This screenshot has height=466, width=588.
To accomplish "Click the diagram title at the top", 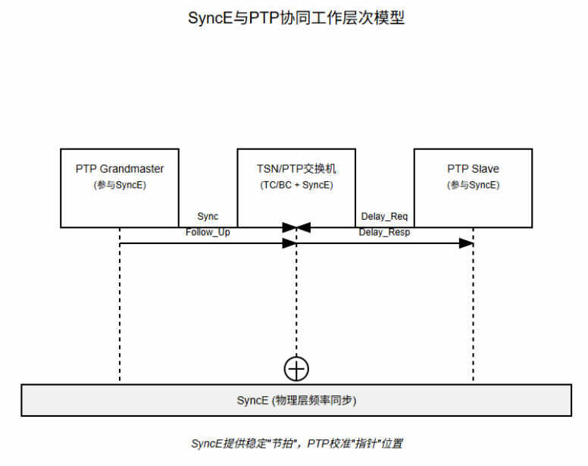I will pyautogui.click(x=296, y=18).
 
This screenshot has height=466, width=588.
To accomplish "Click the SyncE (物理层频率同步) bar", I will pyautogui.click(x=296, y=400).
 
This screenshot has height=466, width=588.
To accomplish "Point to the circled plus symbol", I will pyautogui.click(x=296, y=368).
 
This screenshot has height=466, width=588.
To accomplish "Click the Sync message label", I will pyautogui.click(x=207, y=217).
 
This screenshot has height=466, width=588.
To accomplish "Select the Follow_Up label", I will pyautogui.click(x=208, y=232).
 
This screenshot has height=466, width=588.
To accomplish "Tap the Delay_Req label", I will pyautogui.click(x=384, y=217).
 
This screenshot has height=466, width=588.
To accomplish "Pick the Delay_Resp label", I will pyautogui.click(x=384, y=232).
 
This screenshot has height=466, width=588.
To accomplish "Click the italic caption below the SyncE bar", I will pyautogui.click(x=296, y=443).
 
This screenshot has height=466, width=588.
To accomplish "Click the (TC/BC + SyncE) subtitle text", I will pyautogui.click(x=296, y=185).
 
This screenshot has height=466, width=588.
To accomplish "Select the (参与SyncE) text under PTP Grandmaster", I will pyautogui.click(x=120, y=185).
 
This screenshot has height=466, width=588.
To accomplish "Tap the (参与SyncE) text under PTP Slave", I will pyautogui.click(x=473, y=185).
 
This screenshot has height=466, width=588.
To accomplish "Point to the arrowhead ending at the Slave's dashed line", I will pyautogui.click(x=466, y=243).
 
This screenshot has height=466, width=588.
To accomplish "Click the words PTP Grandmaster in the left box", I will pyautogui.click(x=120, y=168).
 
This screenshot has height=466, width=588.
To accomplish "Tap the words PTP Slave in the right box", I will pyautogui.click(x=473, y=168).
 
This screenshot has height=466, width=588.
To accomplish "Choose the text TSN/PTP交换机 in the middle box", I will pyautogui.click(x=296, y=168).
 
